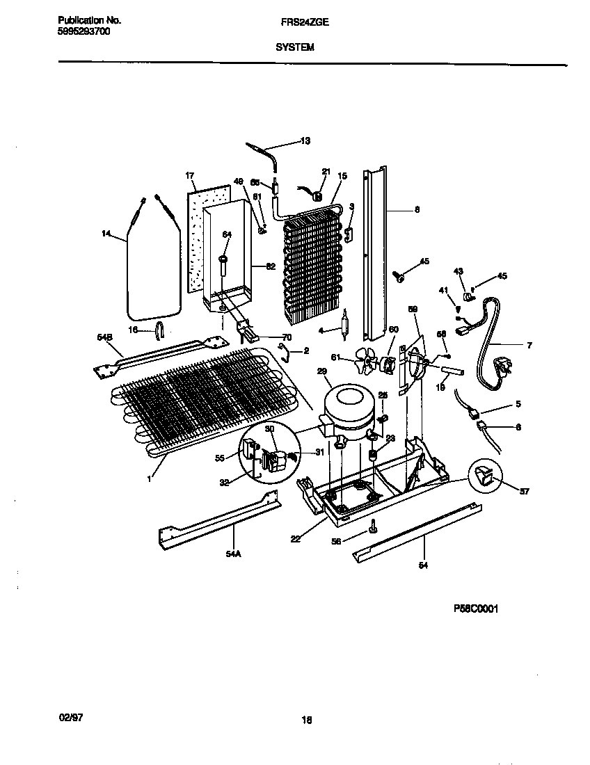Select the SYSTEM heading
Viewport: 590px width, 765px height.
pos(295,47)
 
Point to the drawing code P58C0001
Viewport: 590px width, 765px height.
pos(477,609)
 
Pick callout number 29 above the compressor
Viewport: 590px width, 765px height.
pos(322,372)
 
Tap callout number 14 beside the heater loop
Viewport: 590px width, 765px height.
pos(106,235)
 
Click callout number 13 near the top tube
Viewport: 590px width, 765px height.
pos(305,141)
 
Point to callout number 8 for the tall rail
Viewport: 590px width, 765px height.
pos(417,209)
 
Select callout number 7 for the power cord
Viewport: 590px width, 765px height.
pos(529,345)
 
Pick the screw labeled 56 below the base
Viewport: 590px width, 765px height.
pos(374,528)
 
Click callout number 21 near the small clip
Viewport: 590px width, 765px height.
pos(326,172)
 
